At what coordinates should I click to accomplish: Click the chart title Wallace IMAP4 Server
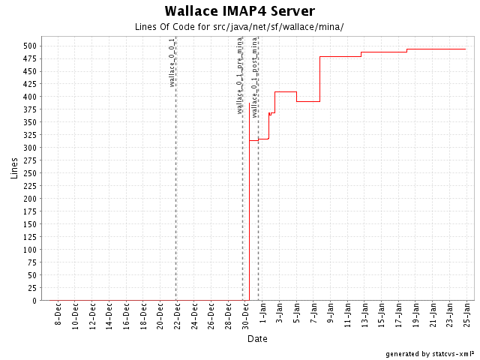pos(239,11)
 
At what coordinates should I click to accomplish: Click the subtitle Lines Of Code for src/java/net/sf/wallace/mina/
pos(239,27)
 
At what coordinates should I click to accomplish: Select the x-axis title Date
pos(258,339)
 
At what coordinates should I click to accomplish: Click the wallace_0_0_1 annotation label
pos(172,61)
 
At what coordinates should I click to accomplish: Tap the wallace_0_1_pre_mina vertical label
pos(239,74)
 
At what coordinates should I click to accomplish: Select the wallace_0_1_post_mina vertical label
pos(255,74)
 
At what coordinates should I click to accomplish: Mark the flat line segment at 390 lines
pos(308,101)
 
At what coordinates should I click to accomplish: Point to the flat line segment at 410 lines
pos(286,91)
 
